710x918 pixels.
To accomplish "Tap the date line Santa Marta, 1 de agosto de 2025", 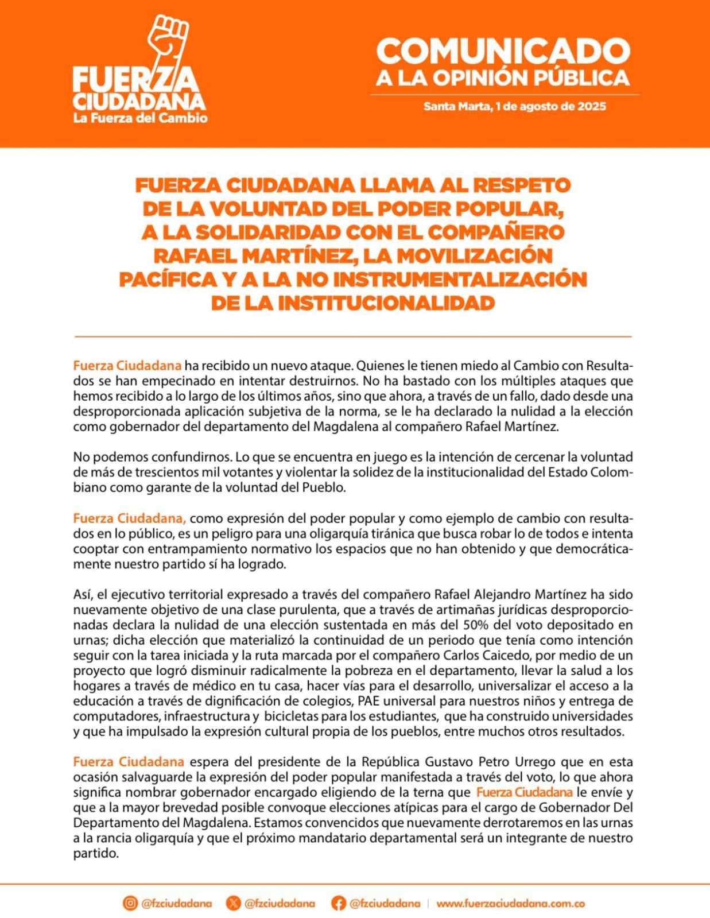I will [x=514, y=106].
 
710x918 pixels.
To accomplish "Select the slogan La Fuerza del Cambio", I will [x=140, y=118].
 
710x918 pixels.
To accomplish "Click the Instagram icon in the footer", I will [x=130, y=903].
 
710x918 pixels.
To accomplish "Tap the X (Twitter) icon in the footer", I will [x=233, y=903].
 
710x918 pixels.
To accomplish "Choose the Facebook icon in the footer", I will [x=338, y=903].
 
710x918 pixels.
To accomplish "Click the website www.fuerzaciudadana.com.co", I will [x=510, y=903].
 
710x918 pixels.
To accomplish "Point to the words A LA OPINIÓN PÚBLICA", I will [x=503, y=78].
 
